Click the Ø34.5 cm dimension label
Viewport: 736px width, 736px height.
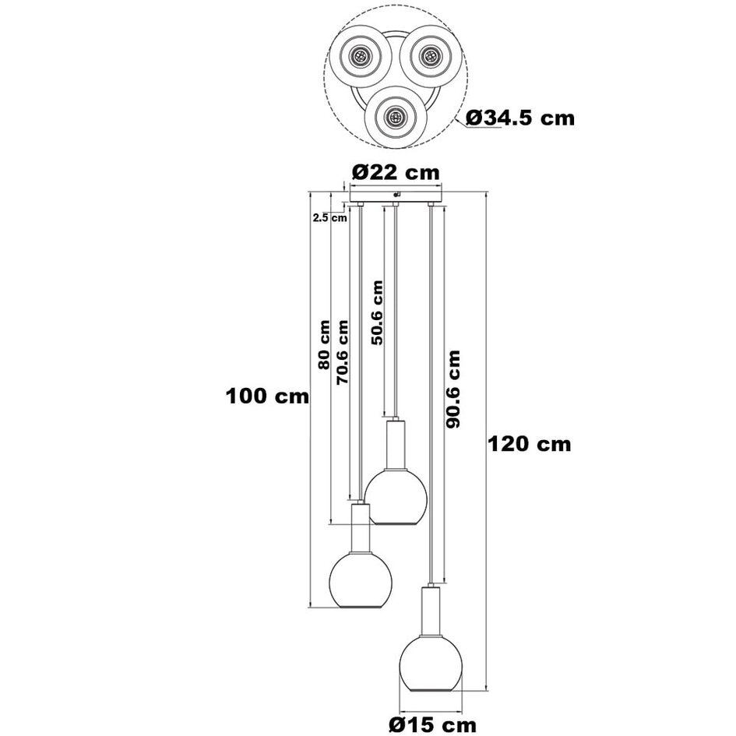point(520,118)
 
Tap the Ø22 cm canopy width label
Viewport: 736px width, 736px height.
point(395,172)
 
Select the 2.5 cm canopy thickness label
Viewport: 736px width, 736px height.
point(329,218)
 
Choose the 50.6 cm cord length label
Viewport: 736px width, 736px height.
point(377,312)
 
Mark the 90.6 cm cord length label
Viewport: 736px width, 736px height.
point(453,389)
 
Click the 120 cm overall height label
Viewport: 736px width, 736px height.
point(530,444)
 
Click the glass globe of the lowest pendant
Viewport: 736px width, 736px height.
point(430,663)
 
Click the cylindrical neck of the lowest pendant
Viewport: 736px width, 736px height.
point(430,611)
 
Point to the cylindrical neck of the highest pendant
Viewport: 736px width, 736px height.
point(396,442)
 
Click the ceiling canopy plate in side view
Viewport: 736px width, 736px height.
point(396,195)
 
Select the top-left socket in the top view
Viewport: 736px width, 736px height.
point(360,56)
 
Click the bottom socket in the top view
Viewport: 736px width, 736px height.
point(395,118)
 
